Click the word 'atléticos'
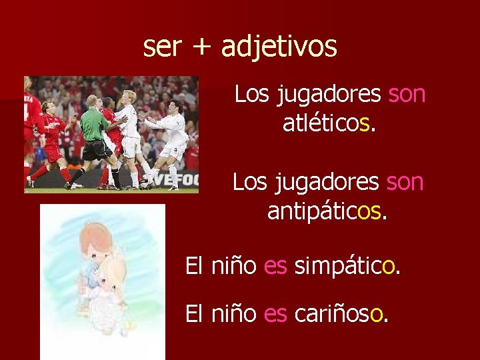[x=329, y=123]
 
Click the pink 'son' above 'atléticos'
[x=407, y=94]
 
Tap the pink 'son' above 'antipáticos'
[x=405, y=181]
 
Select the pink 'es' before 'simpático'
[x=275, y=267]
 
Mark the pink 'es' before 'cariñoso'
[x=275, y=313]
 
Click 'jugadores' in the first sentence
[x=327, y=94]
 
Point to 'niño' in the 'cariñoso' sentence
[x=234, y=313]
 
